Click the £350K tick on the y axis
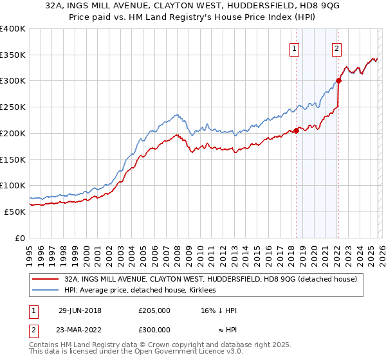(13, 55)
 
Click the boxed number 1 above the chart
(294, 48)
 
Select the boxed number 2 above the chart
(336, 48)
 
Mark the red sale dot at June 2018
(297, 130)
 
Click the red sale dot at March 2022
(338, 80)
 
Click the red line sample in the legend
(46, 279)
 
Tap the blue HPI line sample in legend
(46, 290)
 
